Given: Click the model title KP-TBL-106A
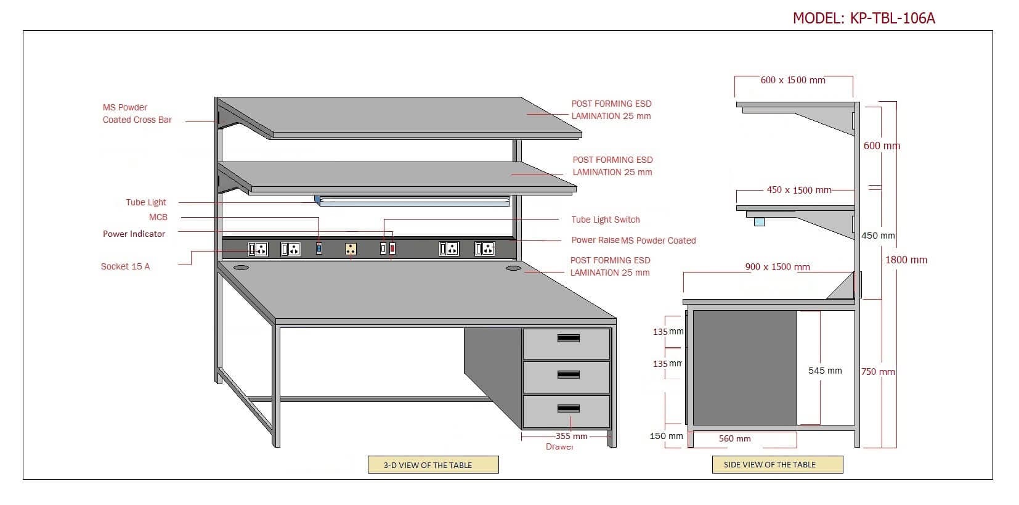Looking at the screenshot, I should click(864, 18).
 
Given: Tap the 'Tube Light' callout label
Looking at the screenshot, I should click(146, 202).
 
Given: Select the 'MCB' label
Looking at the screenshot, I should click(158, 217).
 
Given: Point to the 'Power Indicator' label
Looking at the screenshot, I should click(134, 234).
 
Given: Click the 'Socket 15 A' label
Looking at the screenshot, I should click(125, 266).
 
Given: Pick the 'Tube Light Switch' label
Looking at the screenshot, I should click(605, 220).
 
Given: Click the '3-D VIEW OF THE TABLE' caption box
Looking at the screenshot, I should click(432, 465).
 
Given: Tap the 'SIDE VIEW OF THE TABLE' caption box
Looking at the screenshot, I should click(777, 464).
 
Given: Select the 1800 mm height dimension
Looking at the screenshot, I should click(906, 260).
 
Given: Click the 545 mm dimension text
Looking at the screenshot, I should click(824, 371).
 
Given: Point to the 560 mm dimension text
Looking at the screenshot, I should click(734, 438).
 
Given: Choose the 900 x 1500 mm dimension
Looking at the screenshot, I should click(777, 267).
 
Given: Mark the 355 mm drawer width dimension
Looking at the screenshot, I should click(571, 436).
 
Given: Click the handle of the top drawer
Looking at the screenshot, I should click(568, 338).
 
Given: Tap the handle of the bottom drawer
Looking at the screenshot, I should click(568, 408).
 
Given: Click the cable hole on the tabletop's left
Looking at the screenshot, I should click(240, 268).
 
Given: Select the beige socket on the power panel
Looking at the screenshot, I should click(351, 248).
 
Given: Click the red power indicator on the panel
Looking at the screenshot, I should click(392, 248).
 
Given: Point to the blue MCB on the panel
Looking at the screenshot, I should click(319, 248).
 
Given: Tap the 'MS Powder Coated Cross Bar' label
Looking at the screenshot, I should click(137, 113).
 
